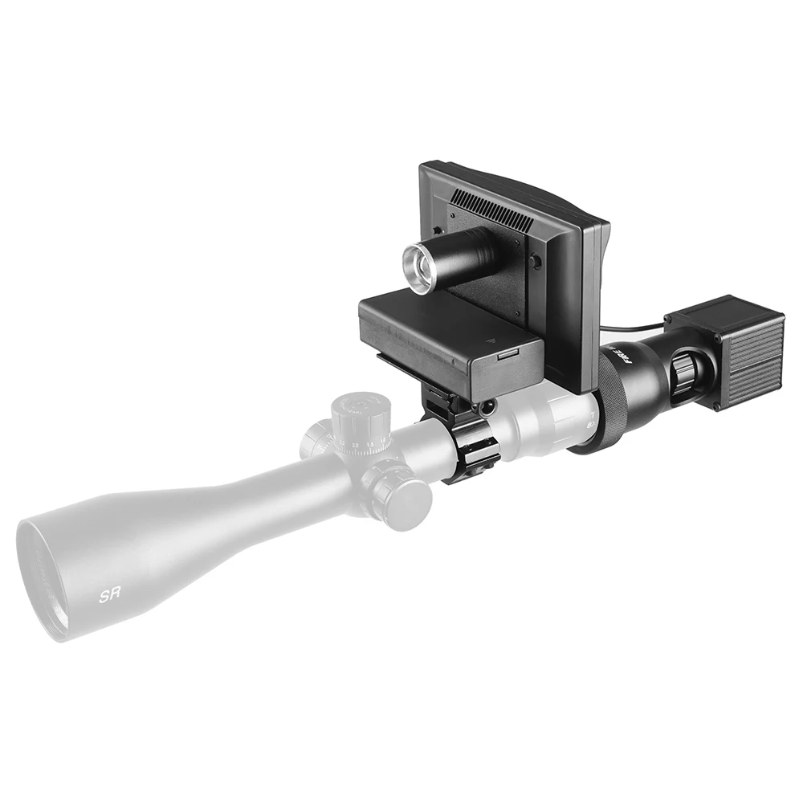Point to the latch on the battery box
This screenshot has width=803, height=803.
point(507,353)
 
